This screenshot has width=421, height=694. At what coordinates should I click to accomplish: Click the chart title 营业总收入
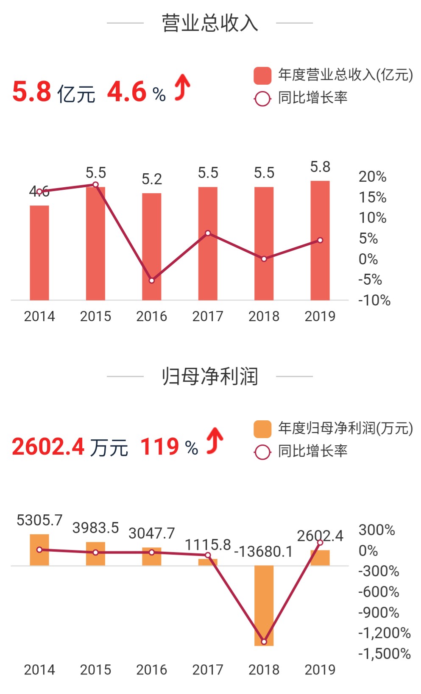click(x=210, y=23)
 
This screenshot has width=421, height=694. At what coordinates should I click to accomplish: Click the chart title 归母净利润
click(x=210, y=376)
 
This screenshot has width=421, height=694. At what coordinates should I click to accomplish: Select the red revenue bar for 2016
click(x=151, y=247)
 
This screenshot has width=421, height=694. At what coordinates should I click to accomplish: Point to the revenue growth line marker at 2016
click(x=152, y=280)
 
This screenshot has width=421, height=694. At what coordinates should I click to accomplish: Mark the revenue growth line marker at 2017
click(x=208, y=233)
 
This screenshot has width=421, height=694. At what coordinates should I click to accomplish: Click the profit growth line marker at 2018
click(x=264, y=642)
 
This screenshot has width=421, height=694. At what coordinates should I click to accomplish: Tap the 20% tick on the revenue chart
click(x=372, y=177)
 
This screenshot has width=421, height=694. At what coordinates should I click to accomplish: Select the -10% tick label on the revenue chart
click(x=374, y=300)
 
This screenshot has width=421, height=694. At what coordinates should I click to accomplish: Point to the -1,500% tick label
click(x=384, y=654)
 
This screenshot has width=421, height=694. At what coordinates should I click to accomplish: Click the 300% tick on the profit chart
click(x=376, y=530)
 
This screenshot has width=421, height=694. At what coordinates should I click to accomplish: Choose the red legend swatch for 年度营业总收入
click(x=262, y=75)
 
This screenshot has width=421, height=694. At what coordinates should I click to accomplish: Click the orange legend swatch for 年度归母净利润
click(x=262, y=429)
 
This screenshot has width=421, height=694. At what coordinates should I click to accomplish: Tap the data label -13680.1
click(x=263, y=552)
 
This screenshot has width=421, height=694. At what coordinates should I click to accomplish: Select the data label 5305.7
click(x=39, y=520)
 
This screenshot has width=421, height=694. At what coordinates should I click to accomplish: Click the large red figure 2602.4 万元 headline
click(x=70, y=447)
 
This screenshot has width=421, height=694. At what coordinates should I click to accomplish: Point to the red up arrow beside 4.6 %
click(x=182, y=87)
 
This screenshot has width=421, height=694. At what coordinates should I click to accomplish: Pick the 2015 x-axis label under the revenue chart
click(x=95, y=316)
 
